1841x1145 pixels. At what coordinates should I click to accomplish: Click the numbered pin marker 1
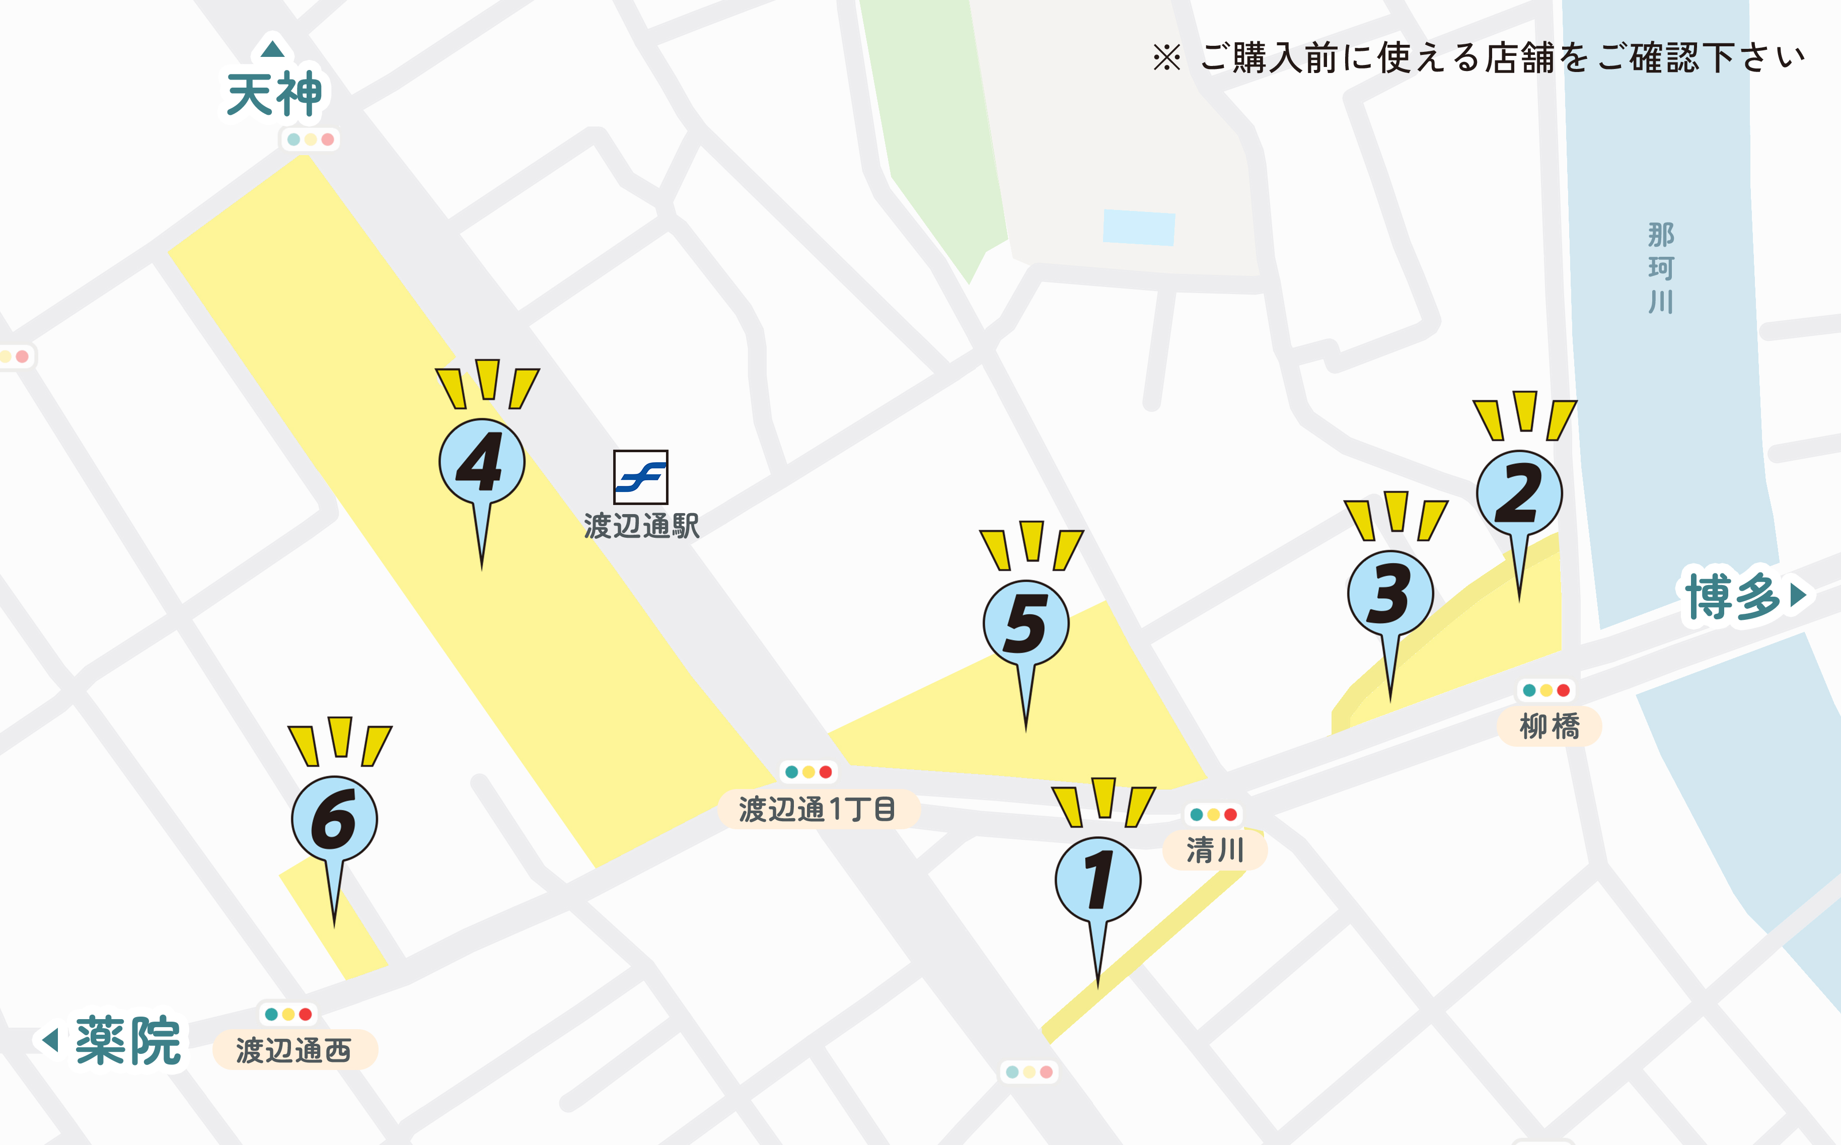click(1097, 881)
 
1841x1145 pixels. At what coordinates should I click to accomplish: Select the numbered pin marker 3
click(1390, 594)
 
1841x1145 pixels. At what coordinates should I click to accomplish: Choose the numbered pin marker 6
click(334, 819)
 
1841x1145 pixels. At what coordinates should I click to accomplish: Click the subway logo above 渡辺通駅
click(640, 477)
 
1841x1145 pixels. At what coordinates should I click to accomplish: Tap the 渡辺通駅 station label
click(641, 526)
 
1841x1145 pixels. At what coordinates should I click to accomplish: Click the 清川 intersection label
click(1214, 849)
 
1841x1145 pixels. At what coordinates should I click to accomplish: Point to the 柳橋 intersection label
click(1549, 726)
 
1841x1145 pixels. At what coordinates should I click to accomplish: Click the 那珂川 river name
click(1661, 268)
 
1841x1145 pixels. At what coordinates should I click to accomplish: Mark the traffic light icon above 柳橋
click(1546, 690)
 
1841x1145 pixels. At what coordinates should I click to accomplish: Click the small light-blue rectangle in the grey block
click(1139, 227)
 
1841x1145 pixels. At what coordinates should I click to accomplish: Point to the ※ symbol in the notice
click(1166, 57)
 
